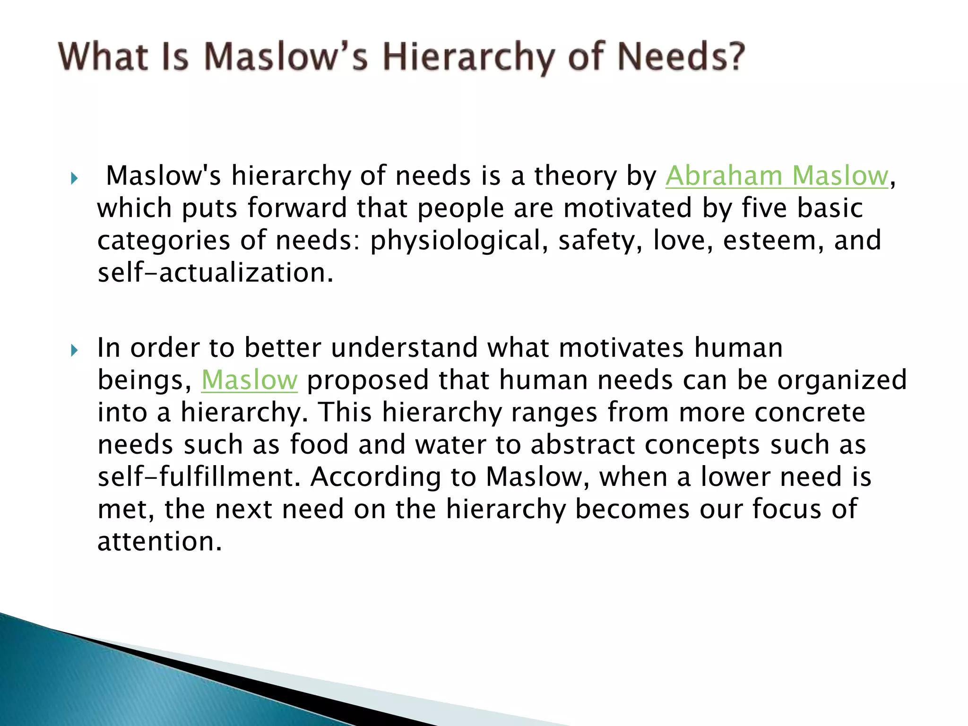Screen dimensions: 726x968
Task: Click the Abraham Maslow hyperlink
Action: (x=777, y=176)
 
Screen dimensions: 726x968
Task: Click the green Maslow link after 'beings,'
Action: (x=250, y=380)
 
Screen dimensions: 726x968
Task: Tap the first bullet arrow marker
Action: (x=74, y=178)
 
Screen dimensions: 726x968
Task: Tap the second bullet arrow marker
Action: (x=74, y=350)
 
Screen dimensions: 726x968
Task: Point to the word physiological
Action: (x=455, y=241)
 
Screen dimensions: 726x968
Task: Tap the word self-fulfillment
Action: (x=199, y=477)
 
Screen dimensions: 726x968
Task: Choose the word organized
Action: (x=842, y=380)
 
